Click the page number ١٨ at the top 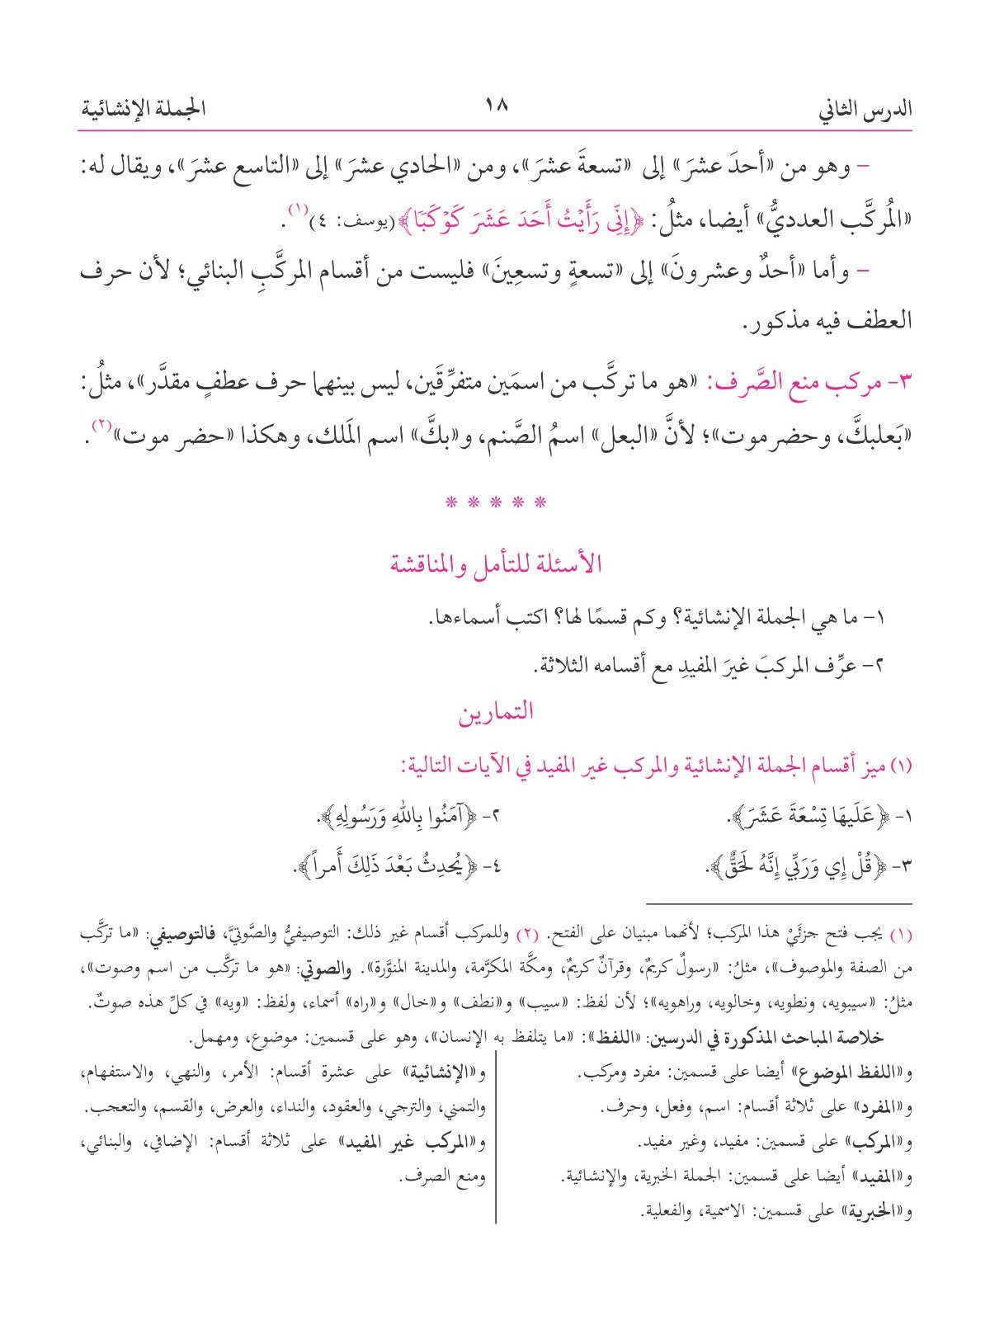[x=495, y=106]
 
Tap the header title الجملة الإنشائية [x=144, y=108]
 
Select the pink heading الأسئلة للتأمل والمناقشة [x=496, y=564]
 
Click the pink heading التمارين [x=496, y=712]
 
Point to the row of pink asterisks [x=496, y=502]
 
